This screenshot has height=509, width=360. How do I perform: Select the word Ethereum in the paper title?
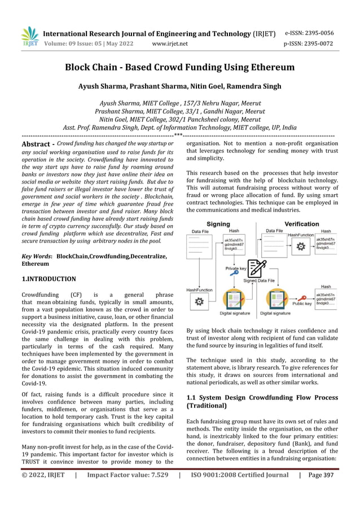[268, 68]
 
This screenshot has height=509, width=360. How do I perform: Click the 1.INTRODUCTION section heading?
[49, 279]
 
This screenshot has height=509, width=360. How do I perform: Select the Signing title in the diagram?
[218, 224]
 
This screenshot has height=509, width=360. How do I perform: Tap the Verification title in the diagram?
[301, 224]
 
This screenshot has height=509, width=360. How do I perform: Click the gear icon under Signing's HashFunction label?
[199, 302]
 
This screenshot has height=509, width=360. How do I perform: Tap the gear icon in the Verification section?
[301, 246]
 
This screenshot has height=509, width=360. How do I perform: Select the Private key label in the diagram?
[236, 269]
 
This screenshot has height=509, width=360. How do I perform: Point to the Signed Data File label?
[259, 280]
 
